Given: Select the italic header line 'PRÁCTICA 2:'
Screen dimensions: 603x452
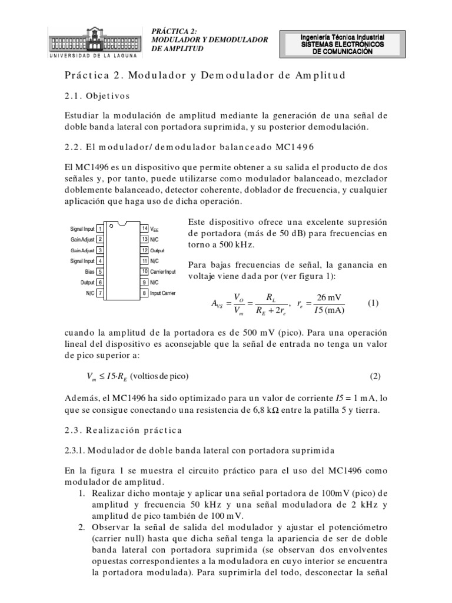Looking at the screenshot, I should pyautogui.click(x=175, y=31).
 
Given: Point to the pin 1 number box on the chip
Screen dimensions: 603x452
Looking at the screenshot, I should pyautogui.click(x=101, y=228).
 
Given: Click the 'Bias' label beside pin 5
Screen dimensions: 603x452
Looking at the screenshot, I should pyautogui.click(x=91, y=272).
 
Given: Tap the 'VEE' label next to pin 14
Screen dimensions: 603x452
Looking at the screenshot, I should pyautogui.click(x=155, y=228).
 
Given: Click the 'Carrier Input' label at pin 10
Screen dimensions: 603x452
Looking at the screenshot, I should pyautogui.click(x=163, y=271).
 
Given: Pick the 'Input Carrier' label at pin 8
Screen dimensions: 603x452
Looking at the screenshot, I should pyautogui.click(x=163, y=293).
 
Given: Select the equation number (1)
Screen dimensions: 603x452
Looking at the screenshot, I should pyautogui.click(x=373, y=303).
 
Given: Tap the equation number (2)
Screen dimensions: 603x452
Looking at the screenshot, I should pyautogui.click(x=375, y=376).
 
